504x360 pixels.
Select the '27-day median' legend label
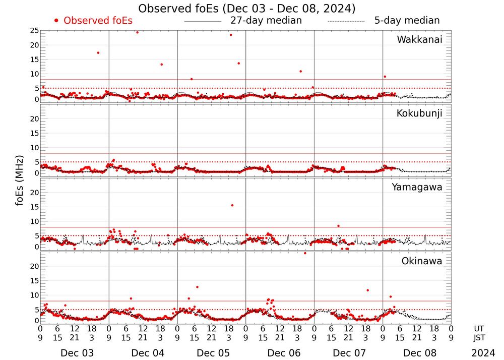[x=266, y=21]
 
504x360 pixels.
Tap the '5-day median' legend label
[x=407, y=21]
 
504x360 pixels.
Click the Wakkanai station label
[x=419, y=40]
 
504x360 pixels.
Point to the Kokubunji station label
[x=419, y=113]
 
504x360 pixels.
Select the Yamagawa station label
[x=417, y=188]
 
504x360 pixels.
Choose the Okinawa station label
[x=422, y=261]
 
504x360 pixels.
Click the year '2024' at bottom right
[x=483, y=353]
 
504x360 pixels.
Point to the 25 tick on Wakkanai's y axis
[x=34, y=31]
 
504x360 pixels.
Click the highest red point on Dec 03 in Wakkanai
[x=98, y=52]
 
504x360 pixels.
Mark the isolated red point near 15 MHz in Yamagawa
[x=232, y=205]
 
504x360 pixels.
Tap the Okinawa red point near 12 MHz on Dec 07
[x=367, y=290]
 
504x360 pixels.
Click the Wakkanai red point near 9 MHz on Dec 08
[x=385, y=77]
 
